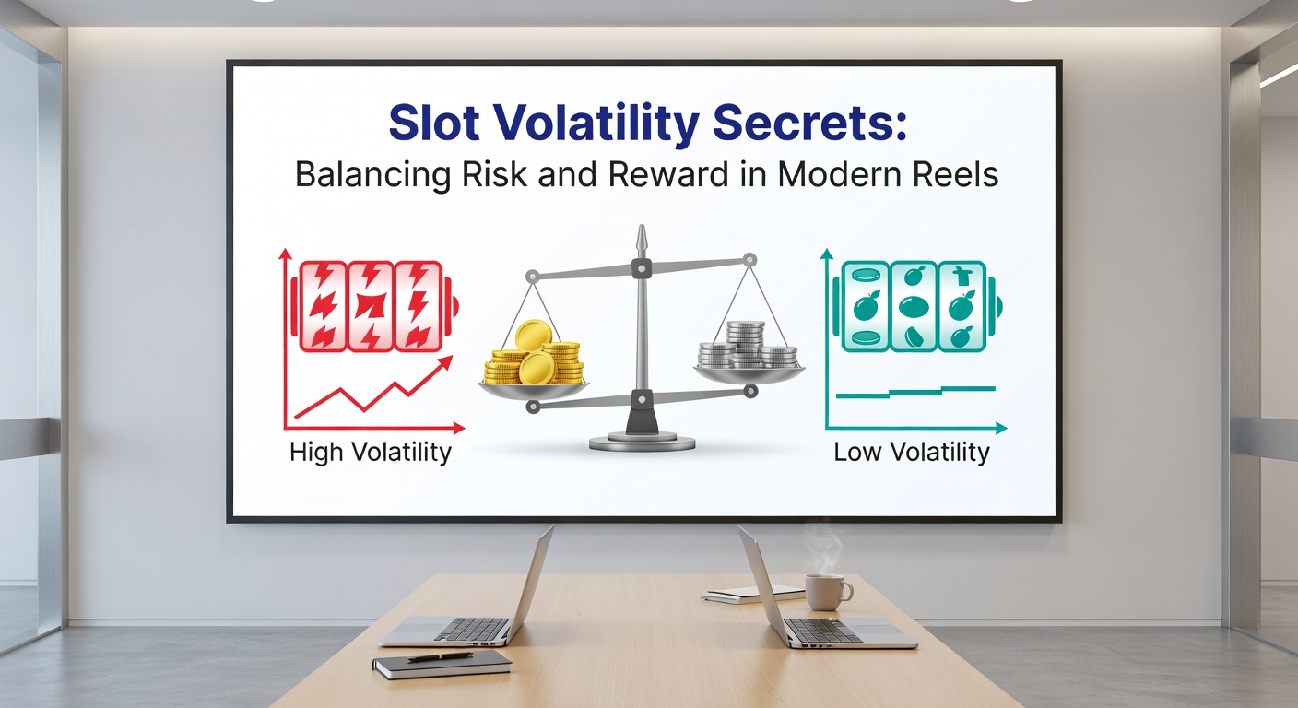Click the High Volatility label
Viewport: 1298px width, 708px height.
point(371,453)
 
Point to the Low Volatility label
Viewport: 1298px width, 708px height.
point(912,453)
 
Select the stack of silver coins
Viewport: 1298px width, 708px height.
point(746,347)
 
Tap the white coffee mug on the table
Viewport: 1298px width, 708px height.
point(826,592)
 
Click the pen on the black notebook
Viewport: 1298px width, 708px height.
point(441,657)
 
